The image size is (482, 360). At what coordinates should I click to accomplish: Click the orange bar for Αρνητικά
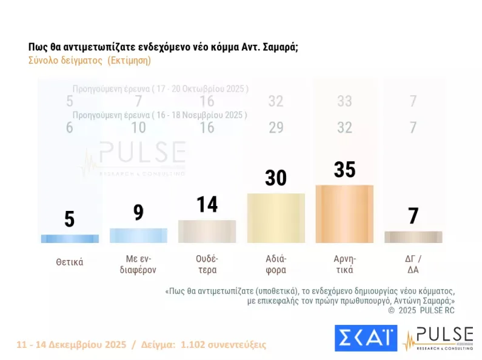[344, 214]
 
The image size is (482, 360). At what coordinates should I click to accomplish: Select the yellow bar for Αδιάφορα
[276, 218]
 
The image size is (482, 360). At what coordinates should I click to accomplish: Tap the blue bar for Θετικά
[70, 239]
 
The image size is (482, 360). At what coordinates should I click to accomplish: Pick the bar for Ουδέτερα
[207, 232]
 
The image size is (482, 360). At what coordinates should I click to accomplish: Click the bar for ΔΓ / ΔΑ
[413, 237]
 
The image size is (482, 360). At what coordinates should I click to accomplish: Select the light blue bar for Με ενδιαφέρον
[138, 236]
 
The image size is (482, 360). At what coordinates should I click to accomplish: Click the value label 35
[344, 170]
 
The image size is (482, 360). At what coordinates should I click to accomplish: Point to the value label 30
[276, 178]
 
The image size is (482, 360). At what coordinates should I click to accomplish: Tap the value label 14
[207, 204]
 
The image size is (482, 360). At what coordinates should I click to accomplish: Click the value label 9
[138, 213]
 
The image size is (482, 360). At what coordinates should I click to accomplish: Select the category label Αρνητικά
[344, 265]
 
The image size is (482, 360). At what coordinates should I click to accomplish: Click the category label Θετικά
[69, 262]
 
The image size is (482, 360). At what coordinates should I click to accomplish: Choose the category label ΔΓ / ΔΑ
[413, 265]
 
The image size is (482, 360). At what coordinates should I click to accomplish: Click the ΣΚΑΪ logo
[365, 338]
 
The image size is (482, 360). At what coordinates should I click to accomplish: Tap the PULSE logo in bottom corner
[438, 338]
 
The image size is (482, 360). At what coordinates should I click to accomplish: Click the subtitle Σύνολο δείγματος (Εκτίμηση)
[89, 61]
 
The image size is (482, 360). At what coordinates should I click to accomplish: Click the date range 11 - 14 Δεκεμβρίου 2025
[72, 344]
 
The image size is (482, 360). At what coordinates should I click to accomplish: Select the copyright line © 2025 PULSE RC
[421, 310]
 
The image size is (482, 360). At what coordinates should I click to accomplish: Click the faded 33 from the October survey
[344, 101]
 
